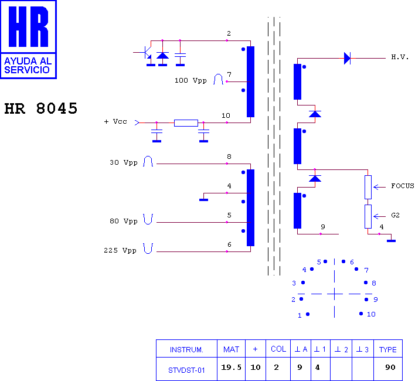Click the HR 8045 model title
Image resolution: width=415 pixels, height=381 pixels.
pos(41,108)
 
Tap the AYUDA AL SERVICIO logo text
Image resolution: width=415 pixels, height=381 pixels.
pos(28,65)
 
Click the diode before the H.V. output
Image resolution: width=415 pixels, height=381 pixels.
pos(347,58)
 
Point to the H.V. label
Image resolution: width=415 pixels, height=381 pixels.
pos(400,57)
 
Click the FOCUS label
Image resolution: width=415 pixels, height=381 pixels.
pos(403,186)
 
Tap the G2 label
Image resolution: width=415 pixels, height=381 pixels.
pos(396,215)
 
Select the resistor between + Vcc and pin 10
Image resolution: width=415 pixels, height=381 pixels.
pos(186,123)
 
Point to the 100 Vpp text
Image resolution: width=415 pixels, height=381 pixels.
pos(191,80)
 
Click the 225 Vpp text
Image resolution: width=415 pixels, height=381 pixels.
pos(120,250)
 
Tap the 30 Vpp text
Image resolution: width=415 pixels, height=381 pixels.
pos(124,162)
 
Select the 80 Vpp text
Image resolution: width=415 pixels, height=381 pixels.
pos(124,221)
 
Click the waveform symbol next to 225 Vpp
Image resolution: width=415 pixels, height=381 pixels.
pos(148,249)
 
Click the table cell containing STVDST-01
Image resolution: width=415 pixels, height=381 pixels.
pos(186,369)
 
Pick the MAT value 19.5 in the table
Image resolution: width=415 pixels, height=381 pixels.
pos(232,368)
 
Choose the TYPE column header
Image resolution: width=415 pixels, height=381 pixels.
pos(387,350)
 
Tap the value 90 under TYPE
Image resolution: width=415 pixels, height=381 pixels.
pos(390,368)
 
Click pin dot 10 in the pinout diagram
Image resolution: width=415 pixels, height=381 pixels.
pos(361,314)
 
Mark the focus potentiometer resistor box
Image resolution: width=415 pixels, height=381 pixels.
pos(368,188)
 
